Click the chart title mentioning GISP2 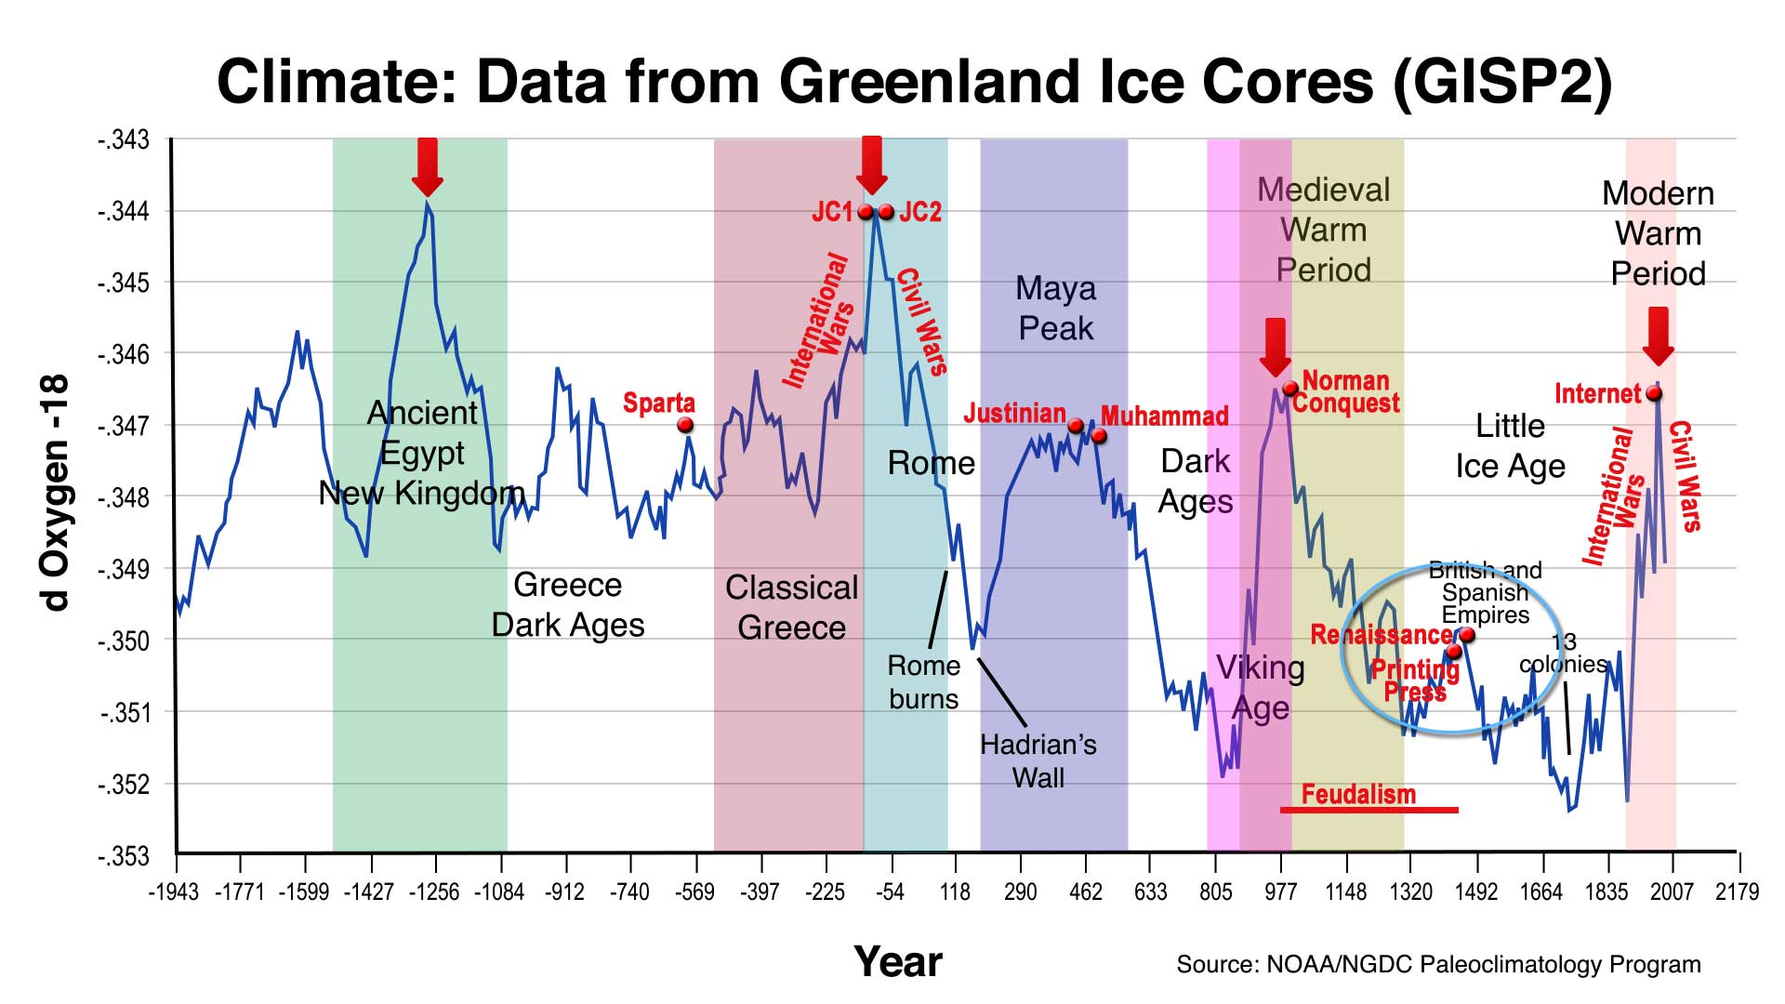tap(914, 82)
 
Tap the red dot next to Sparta tap(685, 425)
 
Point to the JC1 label tap(832, 212)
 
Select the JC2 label tap(920, 212)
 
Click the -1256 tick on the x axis tap(434, 892)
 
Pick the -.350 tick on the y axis tap(124, 641)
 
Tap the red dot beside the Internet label tap(1654, 393)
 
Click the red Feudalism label tap(1358, 794)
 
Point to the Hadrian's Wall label tap(1038, 760)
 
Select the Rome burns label tap(923, 682)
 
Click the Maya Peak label tap(1056, 308)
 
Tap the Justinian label tap(1014, 413)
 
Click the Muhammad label tap(1165, 416)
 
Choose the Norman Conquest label tap(1345, 391)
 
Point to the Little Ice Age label tap(1510, 445)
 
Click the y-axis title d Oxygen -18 tap(56, 493)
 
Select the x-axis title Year tap(898, 961)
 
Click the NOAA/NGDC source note tap(1438, 964)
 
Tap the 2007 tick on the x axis tap(1672, 892)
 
